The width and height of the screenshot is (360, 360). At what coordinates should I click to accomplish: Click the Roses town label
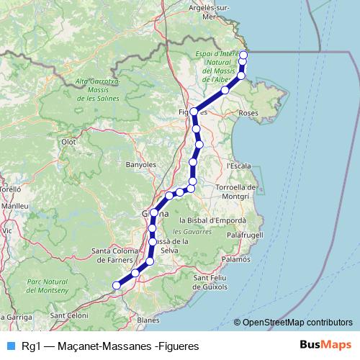click(x=248, y=113)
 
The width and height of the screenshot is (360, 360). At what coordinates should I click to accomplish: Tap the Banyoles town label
click(x=140, y=165)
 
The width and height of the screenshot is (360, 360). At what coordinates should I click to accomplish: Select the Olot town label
click(x=68, y=143)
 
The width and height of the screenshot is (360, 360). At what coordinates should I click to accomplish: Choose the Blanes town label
click(x=148, y=320)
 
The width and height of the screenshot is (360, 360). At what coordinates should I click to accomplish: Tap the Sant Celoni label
click(x=68, y=316)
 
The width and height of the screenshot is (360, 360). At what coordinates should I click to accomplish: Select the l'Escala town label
click(x=238, y=166)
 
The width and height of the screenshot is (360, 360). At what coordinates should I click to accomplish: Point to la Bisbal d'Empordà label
click(x=212, y=220)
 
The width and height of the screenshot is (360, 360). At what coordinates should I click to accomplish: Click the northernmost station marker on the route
click(x=243, y=55)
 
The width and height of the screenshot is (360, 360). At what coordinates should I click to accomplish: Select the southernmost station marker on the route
click(x=115, y=286)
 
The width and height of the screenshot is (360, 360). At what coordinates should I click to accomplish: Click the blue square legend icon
click(x=9, y=346)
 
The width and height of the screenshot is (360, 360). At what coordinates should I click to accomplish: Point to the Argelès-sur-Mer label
click(x=210, y=12)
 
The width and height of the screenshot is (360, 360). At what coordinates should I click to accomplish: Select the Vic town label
click(x=8, y=230)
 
